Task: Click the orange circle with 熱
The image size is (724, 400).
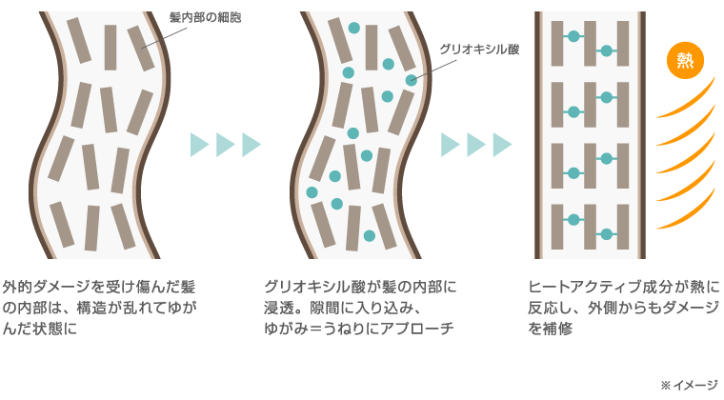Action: tap(685, 61)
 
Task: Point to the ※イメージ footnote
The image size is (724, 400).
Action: tap(688, 384)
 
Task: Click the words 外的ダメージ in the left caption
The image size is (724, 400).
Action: tap(43, 287)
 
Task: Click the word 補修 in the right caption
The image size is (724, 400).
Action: tap(558, 329)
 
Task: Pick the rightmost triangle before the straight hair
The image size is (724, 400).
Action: tap(501, 145)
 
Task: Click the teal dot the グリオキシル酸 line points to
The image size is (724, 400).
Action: tap(411, 80)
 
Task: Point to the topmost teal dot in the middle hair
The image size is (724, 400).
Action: tap(353, 29)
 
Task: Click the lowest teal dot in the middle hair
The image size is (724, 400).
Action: tap(369, 234)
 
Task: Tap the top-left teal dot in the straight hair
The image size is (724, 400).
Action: tap(573, 36)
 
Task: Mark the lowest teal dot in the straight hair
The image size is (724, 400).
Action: tap(606, 234)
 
